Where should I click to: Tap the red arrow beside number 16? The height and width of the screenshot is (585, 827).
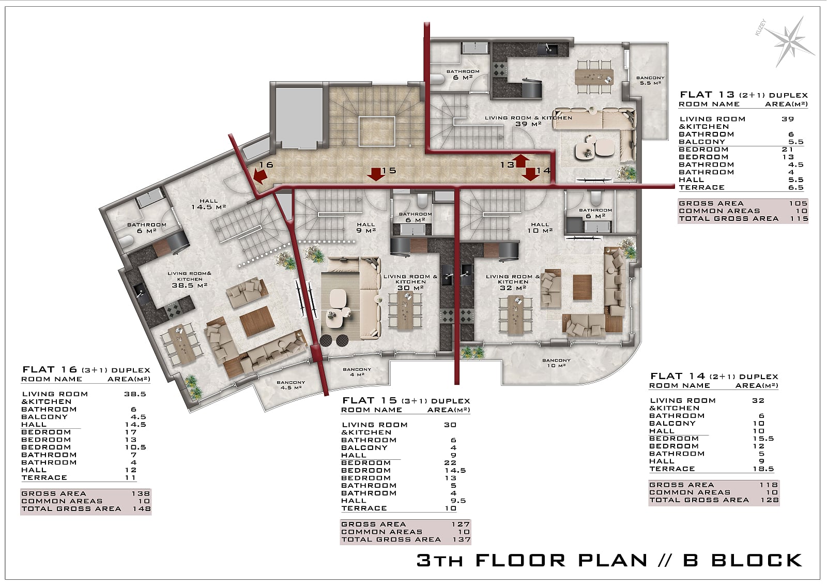(260, 176)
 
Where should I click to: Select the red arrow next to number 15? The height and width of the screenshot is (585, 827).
(376, 174)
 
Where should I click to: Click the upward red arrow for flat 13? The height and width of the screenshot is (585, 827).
(522, 161)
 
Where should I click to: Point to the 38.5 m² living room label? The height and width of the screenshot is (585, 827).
(190, 279)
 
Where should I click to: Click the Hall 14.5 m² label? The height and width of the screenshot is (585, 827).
(209, 204)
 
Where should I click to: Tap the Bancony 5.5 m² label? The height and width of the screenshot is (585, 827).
(650, 81)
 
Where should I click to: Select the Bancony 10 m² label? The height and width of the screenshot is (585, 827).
(556, 363)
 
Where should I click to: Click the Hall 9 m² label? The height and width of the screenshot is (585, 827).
(366, 227)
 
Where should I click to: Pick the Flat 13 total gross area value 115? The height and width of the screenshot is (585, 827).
(799, 218)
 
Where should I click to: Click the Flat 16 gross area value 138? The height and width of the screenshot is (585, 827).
(141, 493)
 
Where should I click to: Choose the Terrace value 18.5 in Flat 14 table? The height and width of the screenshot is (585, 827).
(763, 469)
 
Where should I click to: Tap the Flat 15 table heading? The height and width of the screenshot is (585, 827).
(406, 400)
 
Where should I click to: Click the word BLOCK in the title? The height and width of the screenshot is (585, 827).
(757, 560)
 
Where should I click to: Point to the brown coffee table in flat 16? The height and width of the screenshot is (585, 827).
(257, 321)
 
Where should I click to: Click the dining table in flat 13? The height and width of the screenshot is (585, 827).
(594, 77)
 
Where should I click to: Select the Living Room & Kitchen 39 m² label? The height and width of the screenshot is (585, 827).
(528, 121)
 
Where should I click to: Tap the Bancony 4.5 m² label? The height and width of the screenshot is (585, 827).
(290, 385)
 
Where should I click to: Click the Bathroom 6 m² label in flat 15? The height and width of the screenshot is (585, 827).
(415, 217)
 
